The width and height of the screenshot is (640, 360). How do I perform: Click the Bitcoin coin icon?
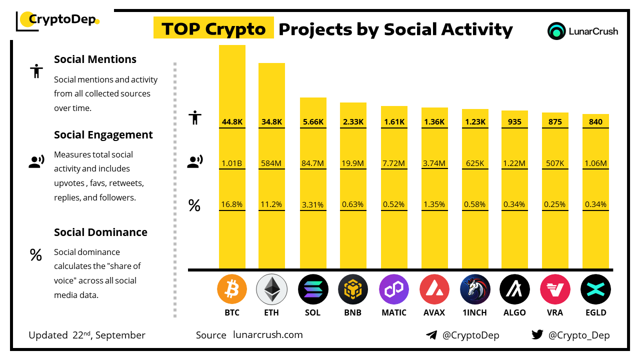pos(232,289)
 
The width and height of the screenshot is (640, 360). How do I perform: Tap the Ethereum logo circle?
pos(271,289)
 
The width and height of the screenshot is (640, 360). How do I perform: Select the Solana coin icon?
pos(312,289)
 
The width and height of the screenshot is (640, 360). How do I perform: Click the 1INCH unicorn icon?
pos(475,289)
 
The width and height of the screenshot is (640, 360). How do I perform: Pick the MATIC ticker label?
pos(393,312)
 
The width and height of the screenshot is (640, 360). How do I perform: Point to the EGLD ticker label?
pos(595,312)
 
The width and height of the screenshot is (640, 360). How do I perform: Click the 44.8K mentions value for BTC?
pos(232,121)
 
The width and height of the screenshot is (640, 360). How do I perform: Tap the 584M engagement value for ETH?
pos(271,163)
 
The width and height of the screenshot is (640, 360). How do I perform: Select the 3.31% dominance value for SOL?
pos(312,204)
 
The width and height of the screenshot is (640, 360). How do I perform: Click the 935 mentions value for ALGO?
pos(514,121)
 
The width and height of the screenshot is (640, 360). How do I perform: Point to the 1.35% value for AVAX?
pos(434,204)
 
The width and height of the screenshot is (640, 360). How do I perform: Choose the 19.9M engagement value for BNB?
pos(353,163)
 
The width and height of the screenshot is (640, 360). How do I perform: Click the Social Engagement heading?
pos(103,135)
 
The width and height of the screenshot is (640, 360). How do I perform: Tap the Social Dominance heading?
pos(100,232)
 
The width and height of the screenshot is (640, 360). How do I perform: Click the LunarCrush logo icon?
pos(556,31)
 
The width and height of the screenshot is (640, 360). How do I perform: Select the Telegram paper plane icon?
pos(431,335)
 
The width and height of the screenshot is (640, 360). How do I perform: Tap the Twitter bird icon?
pos(537,335)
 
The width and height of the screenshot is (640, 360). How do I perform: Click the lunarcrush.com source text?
pos(268,335)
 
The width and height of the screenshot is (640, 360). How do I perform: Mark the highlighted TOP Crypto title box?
pos(213,29)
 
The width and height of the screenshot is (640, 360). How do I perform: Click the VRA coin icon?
pos(555,289)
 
